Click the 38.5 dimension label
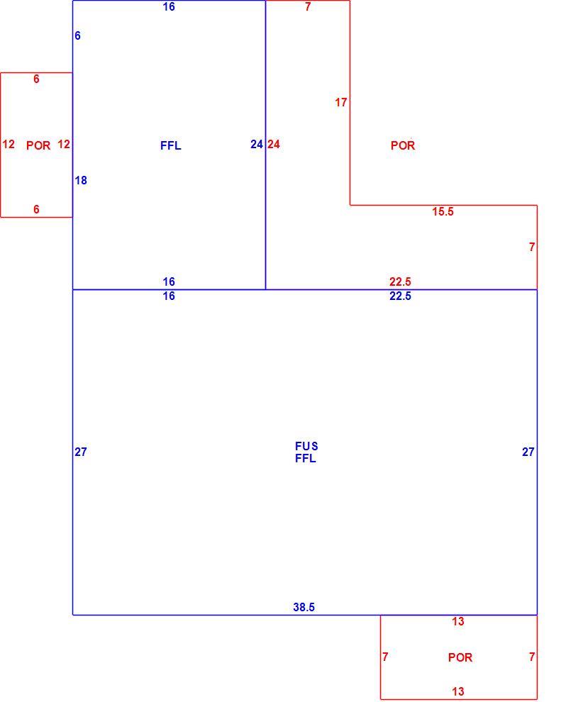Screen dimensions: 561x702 tap(304, 607)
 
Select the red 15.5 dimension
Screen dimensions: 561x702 tap(443, 211)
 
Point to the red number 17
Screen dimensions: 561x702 tap(341, 103)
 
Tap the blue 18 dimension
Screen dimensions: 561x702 tap(81, 180)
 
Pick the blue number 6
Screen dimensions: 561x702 tap(77, 35)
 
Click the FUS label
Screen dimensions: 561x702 tap(306, 446)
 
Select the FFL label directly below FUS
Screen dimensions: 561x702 tap(306, 458)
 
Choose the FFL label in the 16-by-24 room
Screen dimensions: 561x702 tap(171, 145)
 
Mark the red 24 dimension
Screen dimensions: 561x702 tap(274, 144)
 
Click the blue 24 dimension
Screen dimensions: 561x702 tap(257, 144)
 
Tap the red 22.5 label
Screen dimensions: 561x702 tap(400, 282)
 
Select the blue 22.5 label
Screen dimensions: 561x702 tap(400, 296)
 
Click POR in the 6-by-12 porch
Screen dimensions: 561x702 tap(38, 145)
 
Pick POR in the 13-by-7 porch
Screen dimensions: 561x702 tap(460, 657)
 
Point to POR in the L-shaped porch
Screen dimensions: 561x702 tap(403, 145)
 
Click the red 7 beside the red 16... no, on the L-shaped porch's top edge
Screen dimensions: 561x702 tap(308, 6)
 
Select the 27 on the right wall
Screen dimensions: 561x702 tap(528, 452)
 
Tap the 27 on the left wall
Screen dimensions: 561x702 tap(81, 452)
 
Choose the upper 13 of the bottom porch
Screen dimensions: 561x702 tap(458, 621)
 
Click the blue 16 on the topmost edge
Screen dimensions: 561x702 tap(169, 6)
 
